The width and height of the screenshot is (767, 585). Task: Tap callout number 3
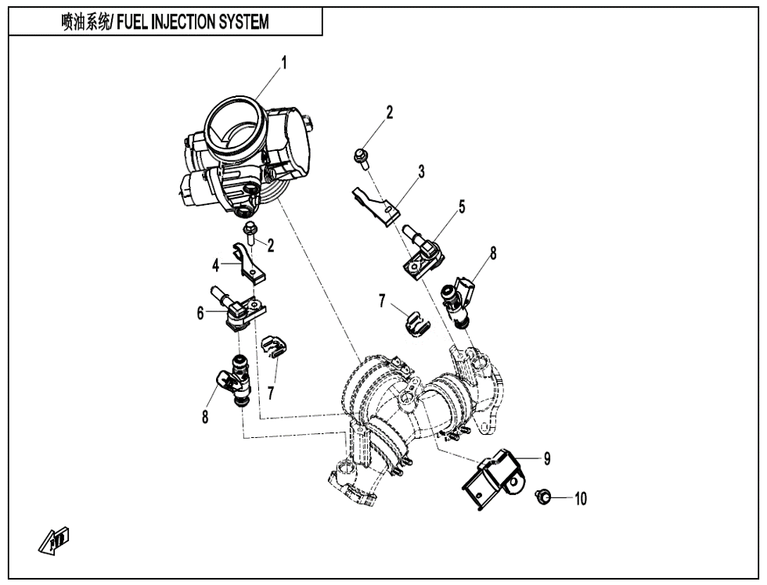coord(421,172)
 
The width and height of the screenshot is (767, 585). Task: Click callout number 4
coord(214,264)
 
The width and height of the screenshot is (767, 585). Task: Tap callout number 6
coord(200,313)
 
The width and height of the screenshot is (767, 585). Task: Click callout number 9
coord(547,459)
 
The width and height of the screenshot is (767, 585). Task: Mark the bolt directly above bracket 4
coord(250,231)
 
